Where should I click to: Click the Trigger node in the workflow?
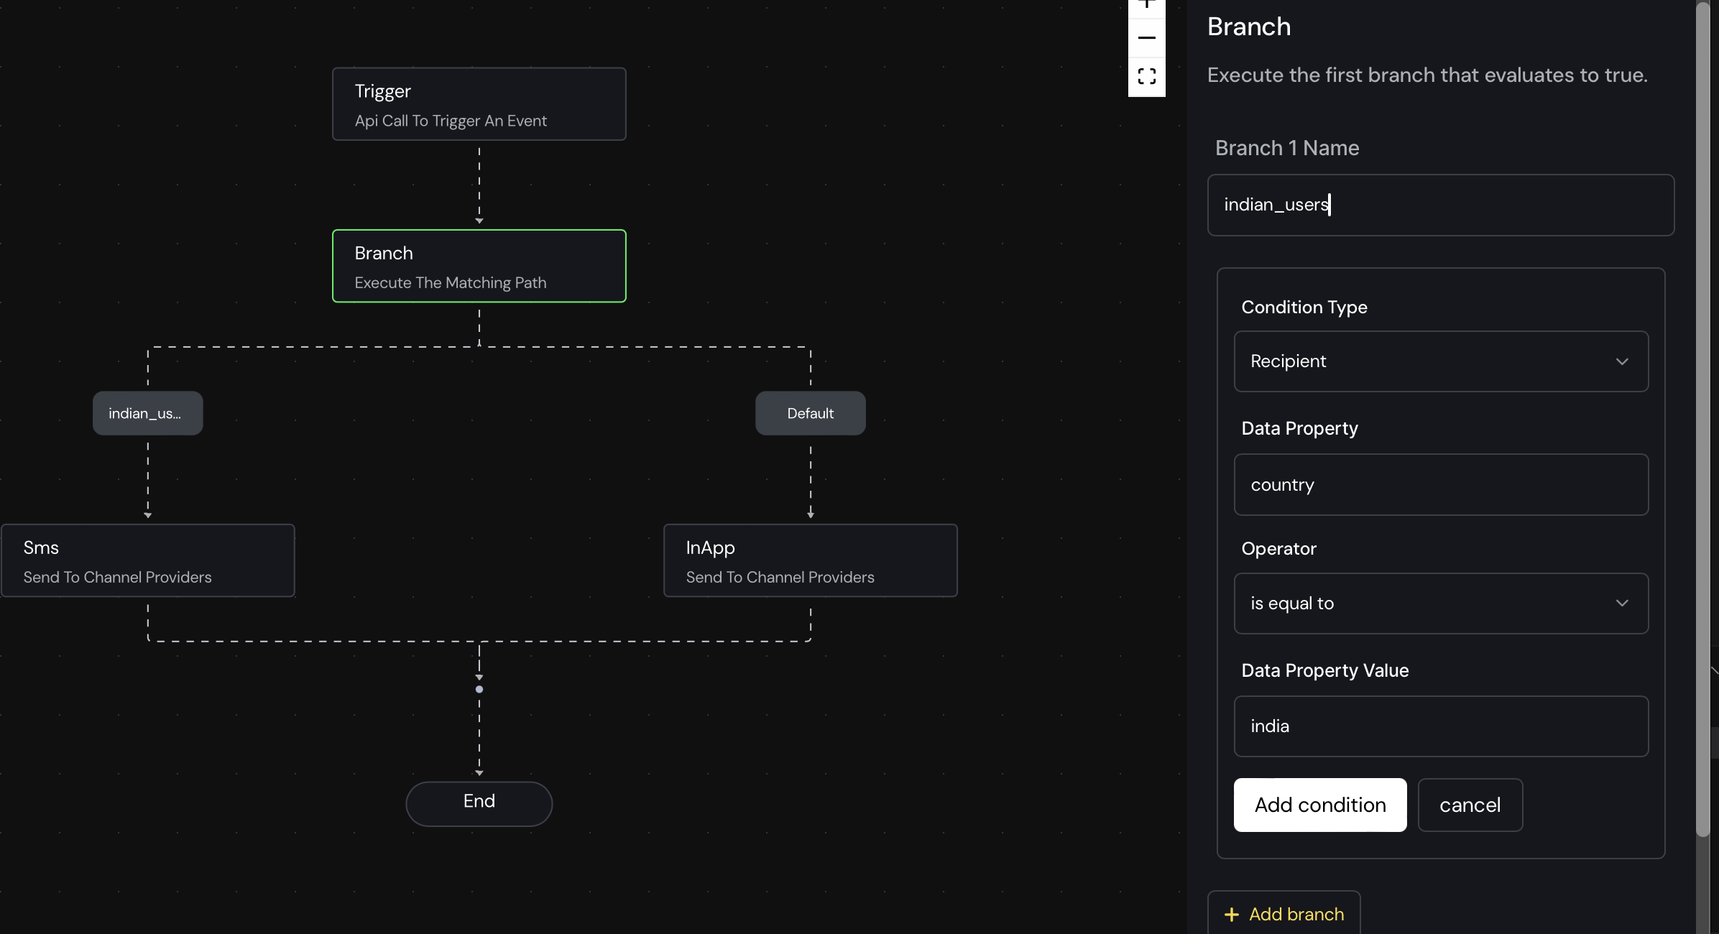click(x=479, y=104)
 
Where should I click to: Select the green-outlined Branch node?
click(x=479, y=266)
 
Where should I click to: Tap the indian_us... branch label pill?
click(x=147, y=413)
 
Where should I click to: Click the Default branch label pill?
click(x=810, y=413)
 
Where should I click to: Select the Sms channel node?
click(x=148, y=560)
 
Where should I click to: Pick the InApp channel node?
click(x=811, y=560)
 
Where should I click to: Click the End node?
click(x=479, y=803)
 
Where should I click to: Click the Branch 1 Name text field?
click(x=1441, y=205)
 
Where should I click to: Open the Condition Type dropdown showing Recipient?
click(x=1441, y=361)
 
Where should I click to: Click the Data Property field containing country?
click(x=1441, y=485)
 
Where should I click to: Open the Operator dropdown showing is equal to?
click(x=1441, y=604)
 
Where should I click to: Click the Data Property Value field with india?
click(x=1441, y=726)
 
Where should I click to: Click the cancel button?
click(x=1470, y=805)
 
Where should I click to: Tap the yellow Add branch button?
click(x=1284, y=914)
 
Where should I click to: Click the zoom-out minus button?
click(x=1147, y=37)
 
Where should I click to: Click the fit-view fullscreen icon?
click(x=1147, y=76)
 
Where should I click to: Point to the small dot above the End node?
click(x=479, y=690)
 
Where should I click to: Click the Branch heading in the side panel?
click(x=1249, y=27)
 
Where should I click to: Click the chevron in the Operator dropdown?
click(x=1622, y=603)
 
